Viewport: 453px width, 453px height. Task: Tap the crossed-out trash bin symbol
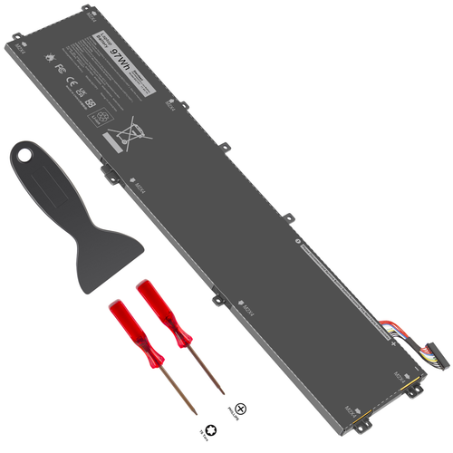click(x=124, y=137)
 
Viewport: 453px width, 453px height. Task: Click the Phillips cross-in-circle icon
click(x=241, y=410)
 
